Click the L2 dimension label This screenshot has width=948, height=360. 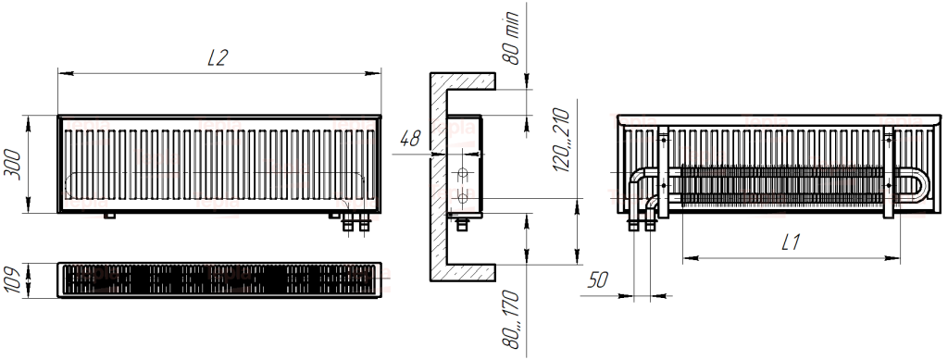pos(218,57)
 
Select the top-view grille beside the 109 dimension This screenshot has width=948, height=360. pos(219,280)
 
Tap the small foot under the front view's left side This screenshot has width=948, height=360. pos(110,217)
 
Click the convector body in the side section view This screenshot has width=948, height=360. pos(464,167)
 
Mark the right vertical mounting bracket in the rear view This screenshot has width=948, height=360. pos(889,171)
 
